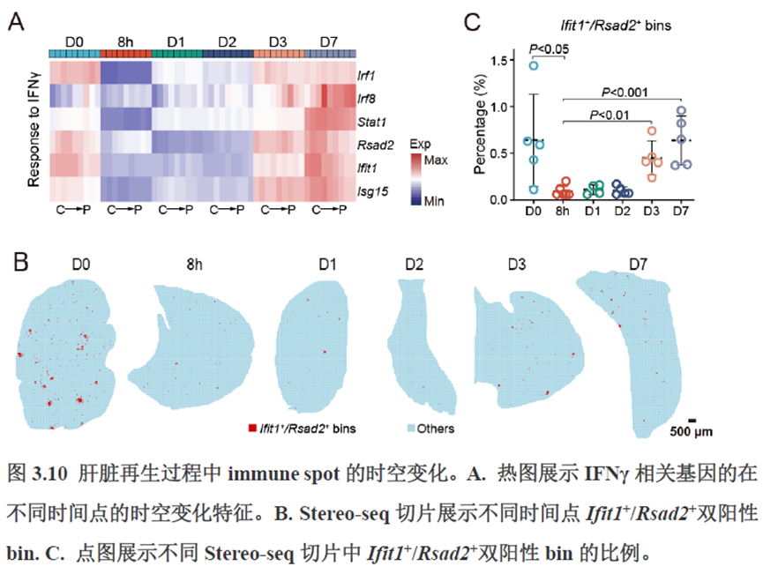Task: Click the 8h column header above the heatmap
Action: pyautogui.click(x=125, y=41)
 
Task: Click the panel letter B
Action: pyautogui.click(x=20, y=262)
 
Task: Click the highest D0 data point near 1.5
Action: pyautogui.click(x=533, y=65)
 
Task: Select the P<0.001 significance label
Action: pyautogui.click(x=625, y=91)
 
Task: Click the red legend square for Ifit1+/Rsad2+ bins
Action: pyautogui.click(x=252, y=428)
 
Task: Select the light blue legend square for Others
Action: pyautogui.click(x=410, y=428)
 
